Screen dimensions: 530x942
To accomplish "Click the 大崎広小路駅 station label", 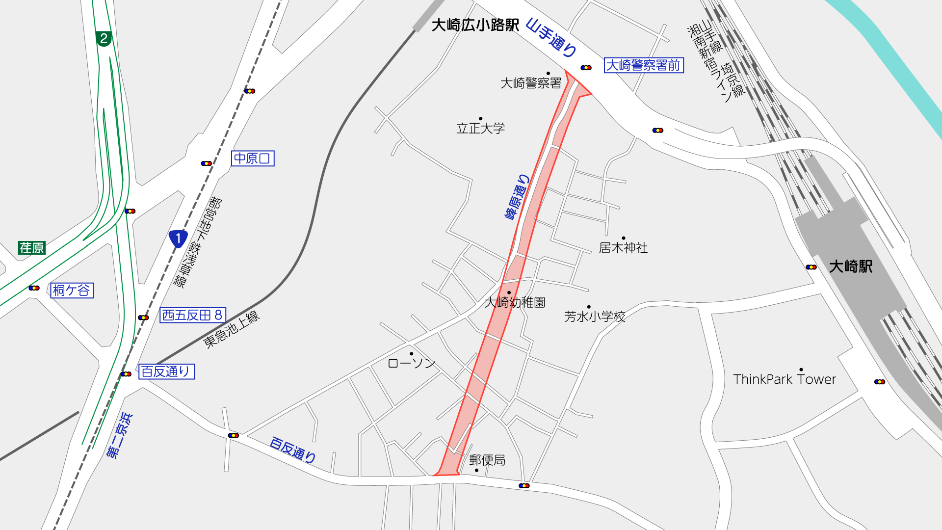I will [475, 25].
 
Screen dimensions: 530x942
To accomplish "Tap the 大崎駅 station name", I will [851, 266].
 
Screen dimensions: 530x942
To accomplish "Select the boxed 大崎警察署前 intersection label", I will [644, 65].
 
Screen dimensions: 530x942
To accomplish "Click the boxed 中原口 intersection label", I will [252, 159].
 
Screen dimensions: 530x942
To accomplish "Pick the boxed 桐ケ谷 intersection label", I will [72, 291].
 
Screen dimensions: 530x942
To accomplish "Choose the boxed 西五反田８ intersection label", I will [192, 315].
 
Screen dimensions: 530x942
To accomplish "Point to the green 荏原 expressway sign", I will [32, 248].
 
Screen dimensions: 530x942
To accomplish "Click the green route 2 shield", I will [103, 38].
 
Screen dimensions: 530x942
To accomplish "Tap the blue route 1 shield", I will [178, 239].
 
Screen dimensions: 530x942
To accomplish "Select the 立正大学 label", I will [480, 129].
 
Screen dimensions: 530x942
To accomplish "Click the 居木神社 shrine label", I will [623, 248].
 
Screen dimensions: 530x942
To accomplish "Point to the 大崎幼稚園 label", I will [515, 302].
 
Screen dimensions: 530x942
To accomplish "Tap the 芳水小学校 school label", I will [595, 317].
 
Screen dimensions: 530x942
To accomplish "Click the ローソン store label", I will [411, 364].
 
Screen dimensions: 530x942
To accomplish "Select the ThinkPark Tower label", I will [784, 379].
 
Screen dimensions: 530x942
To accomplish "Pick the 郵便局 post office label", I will [487, 460].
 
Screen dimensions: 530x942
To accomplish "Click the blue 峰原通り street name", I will [517, 197].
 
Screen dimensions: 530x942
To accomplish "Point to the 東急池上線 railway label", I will [232, 329].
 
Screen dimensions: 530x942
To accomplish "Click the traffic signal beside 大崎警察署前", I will [586, 68].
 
